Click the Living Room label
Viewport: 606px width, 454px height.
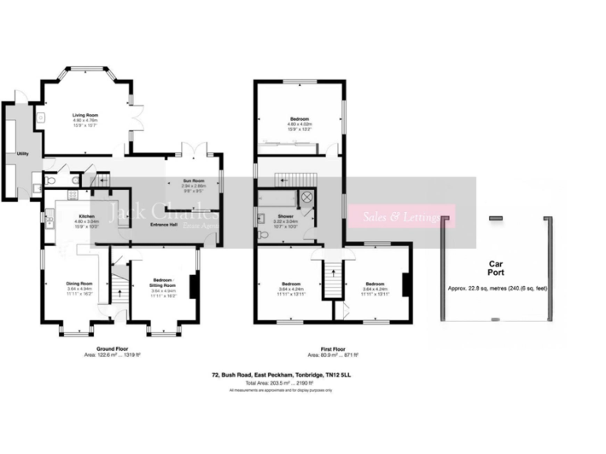pyautogui.click(x=84, y=116)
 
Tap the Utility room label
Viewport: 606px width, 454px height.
pyautogui.click(x=12, y=154)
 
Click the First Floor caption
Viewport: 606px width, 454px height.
pyautogui.click(x=333, y=350)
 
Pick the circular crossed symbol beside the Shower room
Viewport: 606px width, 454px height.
pyautogui.click(x=306, y=197)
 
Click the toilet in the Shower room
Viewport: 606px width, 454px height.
pyautogui.click(x=262, y=233)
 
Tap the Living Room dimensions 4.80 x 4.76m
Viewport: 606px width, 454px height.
pyautogui.click(x=84, y=121)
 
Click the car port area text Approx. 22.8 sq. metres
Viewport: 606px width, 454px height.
pyautogui.click(x=496, y=288)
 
